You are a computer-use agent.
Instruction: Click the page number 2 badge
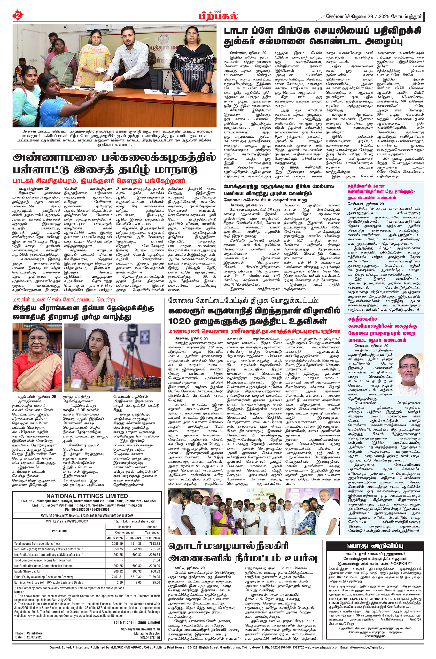click(18, 16)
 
